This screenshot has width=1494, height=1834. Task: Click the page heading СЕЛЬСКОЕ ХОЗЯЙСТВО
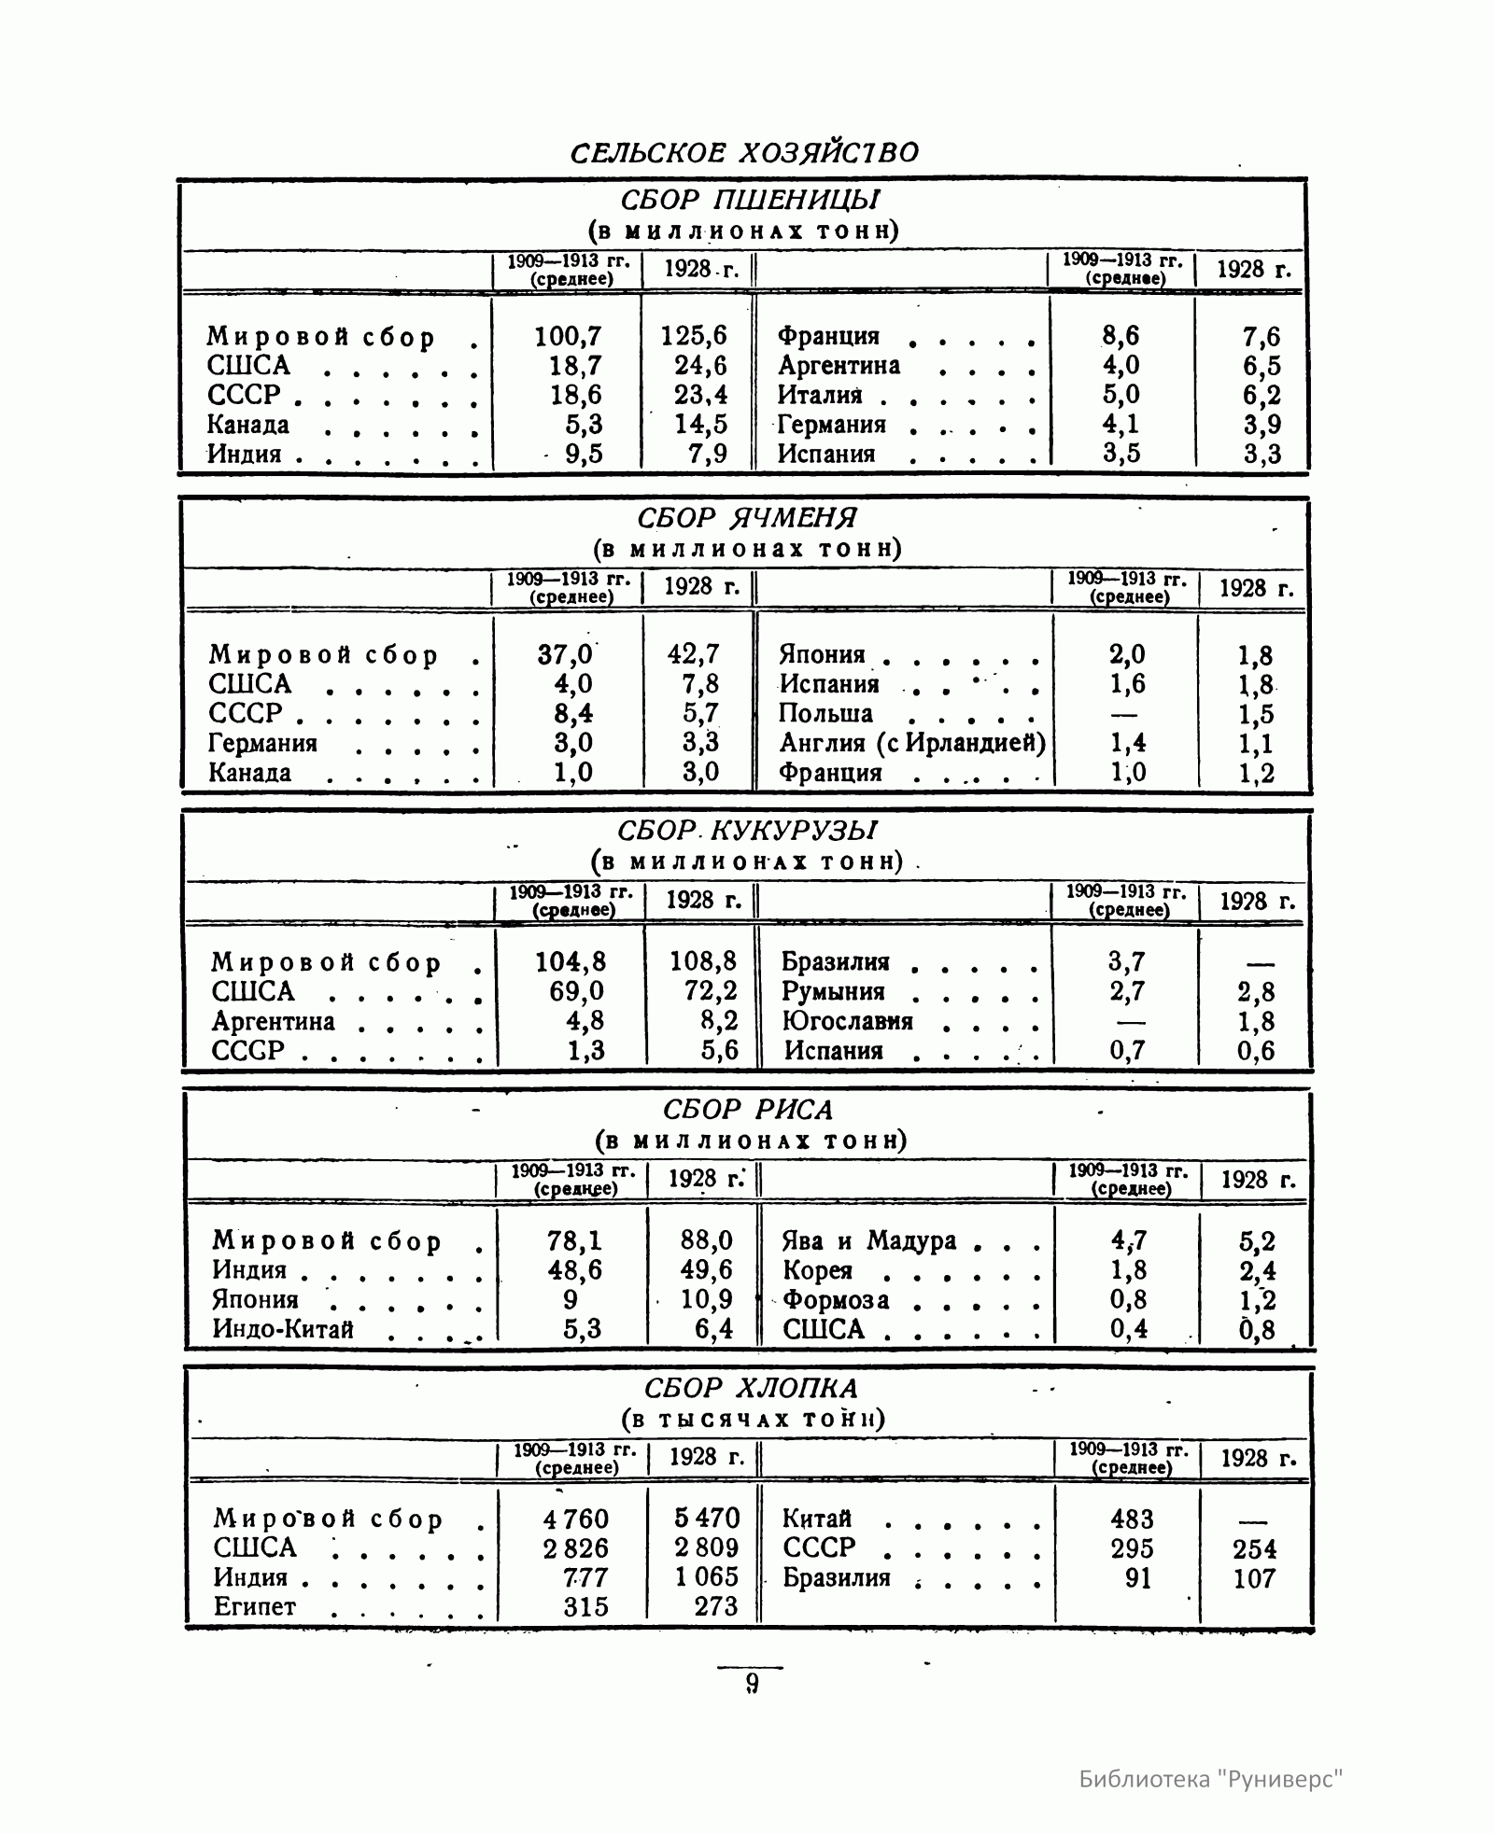744,152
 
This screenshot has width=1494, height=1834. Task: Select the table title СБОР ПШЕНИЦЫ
749,200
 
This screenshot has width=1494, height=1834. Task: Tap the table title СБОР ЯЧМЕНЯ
747,517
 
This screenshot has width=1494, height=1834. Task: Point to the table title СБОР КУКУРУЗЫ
747,830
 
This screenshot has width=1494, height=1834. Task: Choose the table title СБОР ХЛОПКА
751,1388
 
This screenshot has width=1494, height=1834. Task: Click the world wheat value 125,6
694,336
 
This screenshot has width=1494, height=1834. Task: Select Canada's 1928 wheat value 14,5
700,425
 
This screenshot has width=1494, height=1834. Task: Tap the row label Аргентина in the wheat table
839,365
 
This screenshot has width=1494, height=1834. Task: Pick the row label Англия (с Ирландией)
911,743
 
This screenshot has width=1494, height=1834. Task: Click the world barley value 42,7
694,654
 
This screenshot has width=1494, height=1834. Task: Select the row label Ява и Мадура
868,1240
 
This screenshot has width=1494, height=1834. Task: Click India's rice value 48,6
574,1270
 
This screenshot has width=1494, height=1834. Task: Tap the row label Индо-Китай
283,1329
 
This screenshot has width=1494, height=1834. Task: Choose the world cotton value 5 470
706,1519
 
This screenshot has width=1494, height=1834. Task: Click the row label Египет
254,1606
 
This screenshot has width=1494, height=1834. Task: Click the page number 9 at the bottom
752,1683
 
